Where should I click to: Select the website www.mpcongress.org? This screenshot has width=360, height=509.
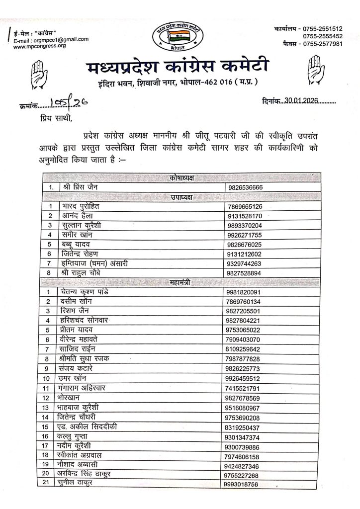tap(39, 46)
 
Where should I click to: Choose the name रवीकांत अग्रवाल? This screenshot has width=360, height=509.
tap(90, 455)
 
